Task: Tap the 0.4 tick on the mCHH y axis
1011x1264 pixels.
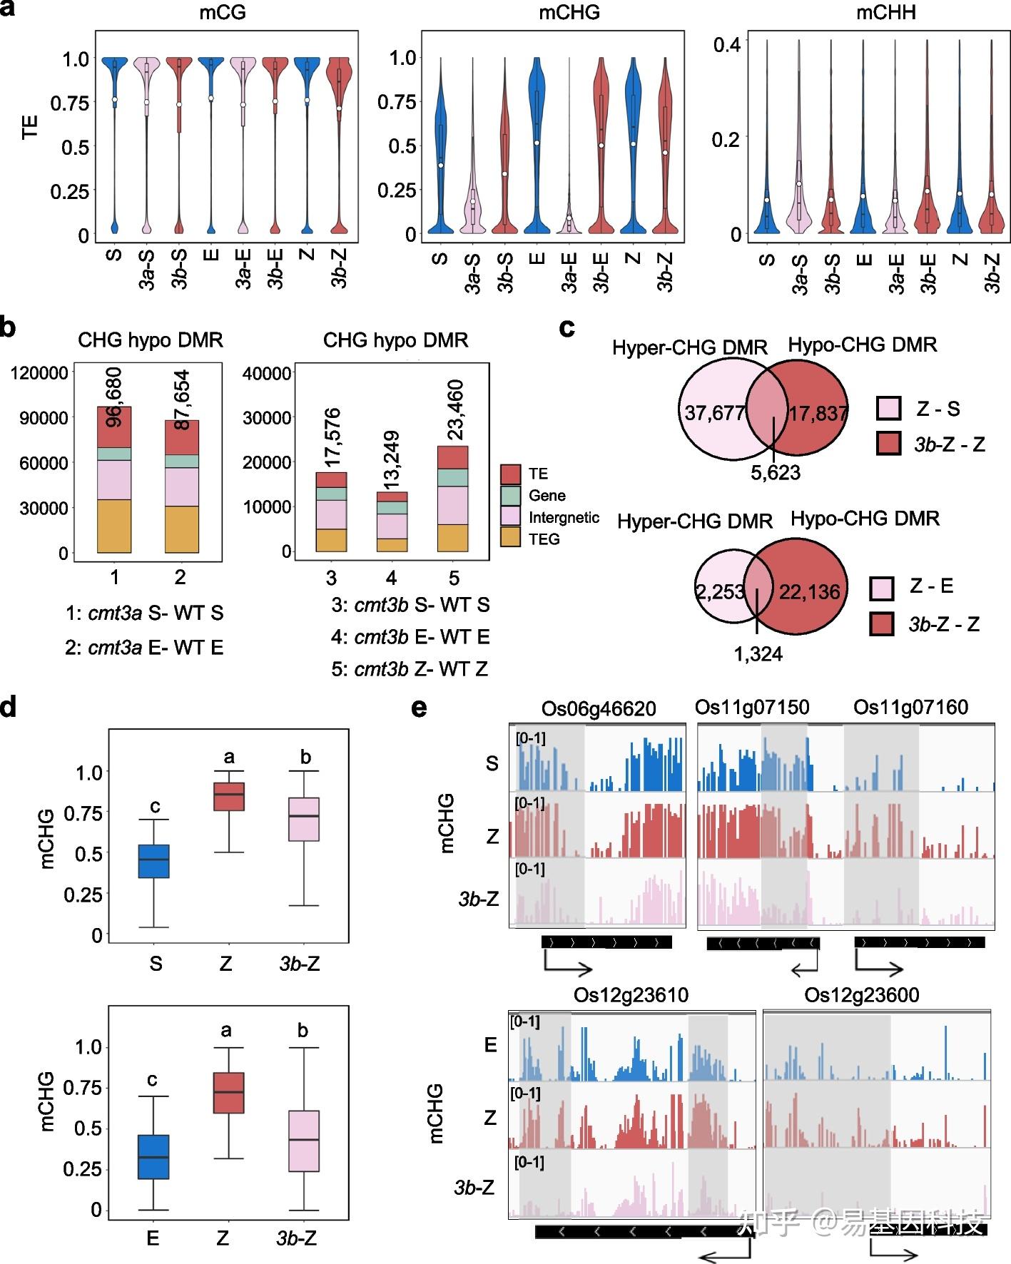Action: pos(727,45)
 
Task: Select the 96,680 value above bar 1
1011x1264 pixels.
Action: pos(114,397)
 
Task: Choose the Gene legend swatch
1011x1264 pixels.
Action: pos(510,495)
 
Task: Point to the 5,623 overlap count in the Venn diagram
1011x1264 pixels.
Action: pos(775,473)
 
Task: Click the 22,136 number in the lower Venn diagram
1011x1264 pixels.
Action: pos(809,591)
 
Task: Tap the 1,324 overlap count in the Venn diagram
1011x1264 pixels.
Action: pos(758,653)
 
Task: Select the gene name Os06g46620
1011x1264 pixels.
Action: pos(598,708)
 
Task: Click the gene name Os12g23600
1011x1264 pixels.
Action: pos(861,995)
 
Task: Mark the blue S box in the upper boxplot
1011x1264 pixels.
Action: pos(153,861)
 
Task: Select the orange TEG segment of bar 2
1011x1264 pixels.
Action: pos(182,529)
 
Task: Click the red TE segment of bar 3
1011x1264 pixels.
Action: pos(332,479)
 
